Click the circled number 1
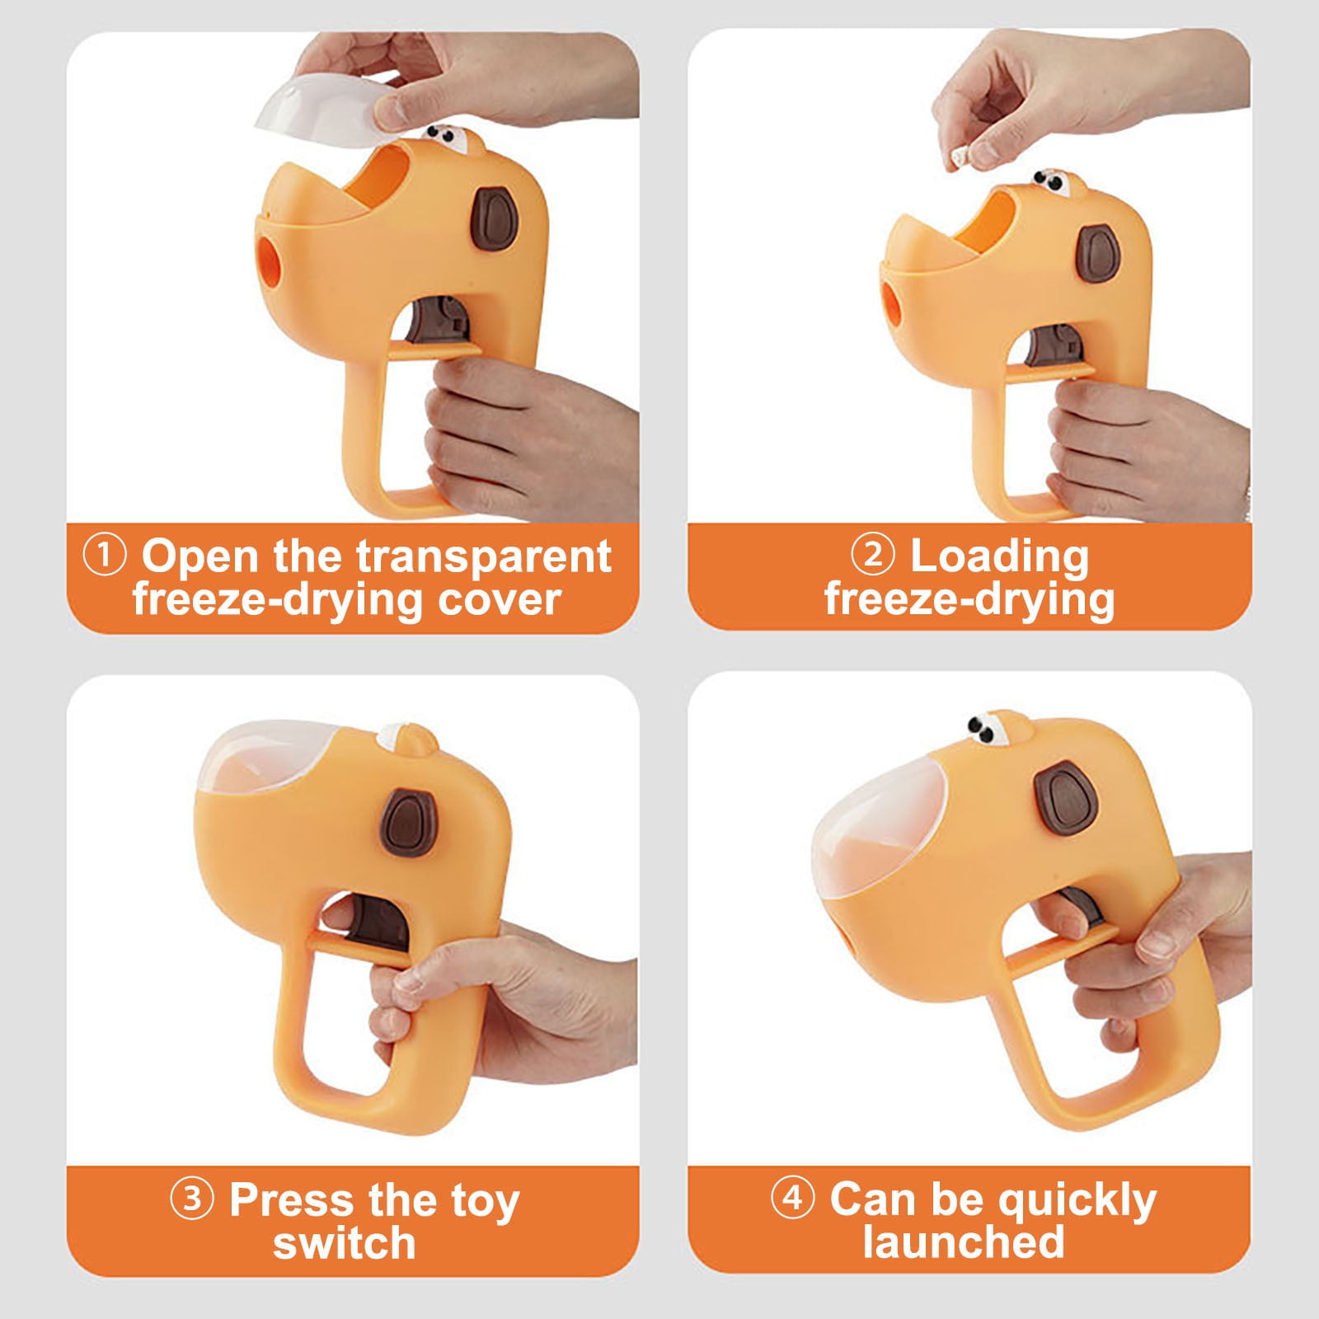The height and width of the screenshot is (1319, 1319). (105, 556)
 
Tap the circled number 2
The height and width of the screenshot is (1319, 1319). (872, 556)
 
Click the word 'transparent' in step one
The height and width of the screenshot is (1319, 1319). (485, 556)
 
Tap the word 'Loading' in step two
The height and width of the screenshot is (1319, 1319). (999, 557)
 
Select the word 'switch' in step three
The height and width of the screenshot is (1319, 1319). (344, 1242)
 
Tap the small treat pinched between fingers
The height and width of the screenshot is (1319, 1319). (959, 156)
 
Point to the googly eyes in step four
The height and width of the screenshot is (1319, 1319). (984, 728)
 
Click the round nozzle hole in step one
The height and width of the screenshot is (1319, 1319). (268, 256)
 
